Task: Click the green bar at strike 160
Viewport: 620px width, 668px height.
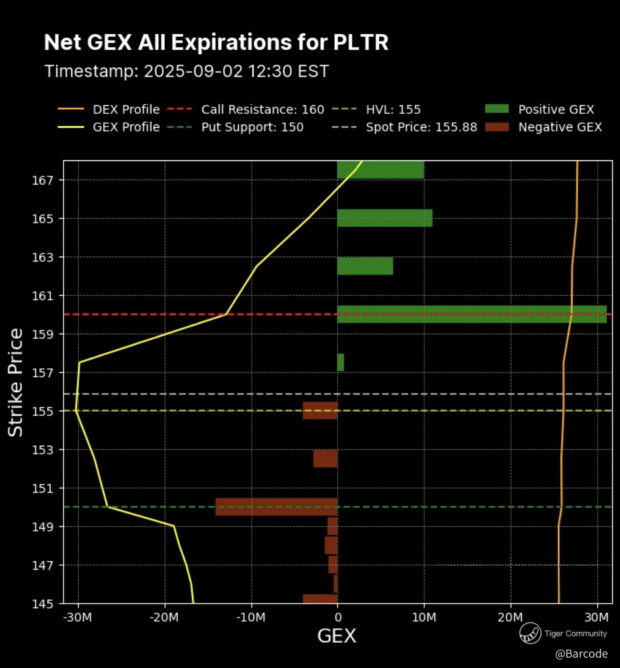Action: click(472, 314)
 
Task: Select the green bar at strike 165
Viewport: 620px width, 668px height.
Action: click(385, 218)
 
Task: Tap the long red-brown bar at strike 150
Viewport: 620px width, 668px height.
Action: click(276, 507)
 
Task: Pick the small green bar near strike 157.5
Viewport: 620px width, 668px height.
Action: click(340, 362)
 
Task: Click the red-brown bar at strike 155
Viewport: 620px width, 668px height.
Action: click(320, 410)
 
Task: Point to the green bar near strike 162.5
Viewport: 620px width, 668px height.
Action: click(365, 266)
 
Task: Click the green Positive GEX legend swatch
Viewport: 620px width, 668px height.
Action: click(497, 109)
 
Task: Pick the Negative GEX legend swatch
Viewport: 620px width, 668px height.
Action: click(497, 127)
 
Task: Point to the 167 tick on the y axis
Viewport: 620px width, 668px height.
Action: click(43, 180)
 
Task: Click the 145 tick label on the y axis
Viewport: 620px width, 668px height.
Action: click(43, 604)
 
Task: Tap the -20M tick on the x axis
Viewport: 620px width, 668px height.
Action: click(164, 617)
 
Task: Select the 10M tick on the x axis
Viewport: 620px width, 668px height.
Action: click(424, 617)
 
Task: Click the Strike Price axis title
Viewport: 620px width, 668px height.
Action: click(16, 382)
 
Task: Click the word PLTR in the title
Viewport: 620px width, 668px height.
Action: click(361, 43)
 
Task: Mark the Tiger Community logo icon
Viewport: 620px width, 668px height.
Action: click(530, 633)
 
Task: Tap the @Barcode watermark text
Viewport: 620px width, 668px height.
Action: click(581, 653)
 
